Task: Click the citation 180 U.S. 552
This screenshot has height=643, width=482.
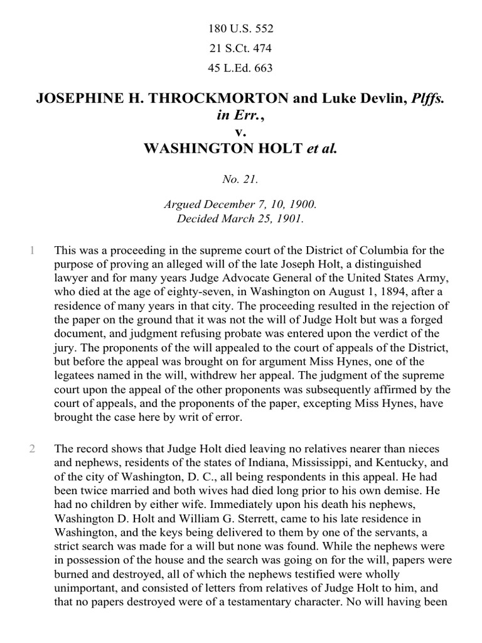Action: (x=240, y=29)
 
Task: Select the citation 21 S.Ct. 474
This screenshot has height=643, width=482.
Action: (x=240, y=48)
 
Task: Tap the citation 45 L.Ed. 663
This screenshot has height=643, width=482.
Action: (x=240, y=68)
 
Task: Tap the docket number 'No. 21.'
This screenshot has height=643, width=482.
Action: (x=240, y=180)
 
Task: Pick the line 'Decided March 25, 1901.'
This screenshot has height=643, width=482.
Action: (x=240, y=219)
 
